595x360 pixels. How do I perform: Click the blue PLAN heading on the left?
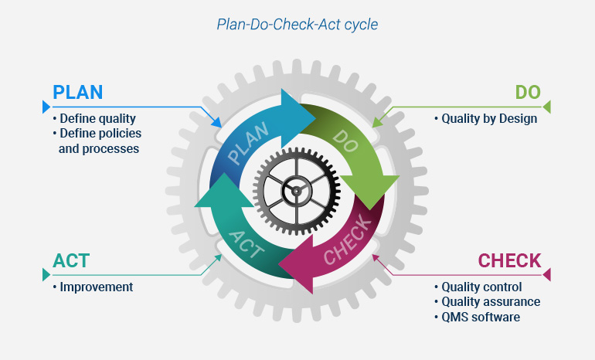(x=77, y=92)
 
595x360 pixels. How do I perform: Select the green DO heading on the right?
(x=528, y=92)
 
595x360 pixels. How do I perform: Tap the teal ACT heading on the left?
(x=72, y=260)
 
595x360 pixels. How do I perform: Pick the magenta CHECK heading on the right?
(x=509, y=260)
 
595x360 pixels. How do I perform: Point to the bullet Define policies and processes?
(x=97, y=140)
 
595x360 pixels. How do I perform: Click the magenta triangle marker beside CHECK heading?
(x=548, y=274)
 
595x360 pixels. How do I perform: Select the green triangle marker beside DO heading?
(x=548, y=107)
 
